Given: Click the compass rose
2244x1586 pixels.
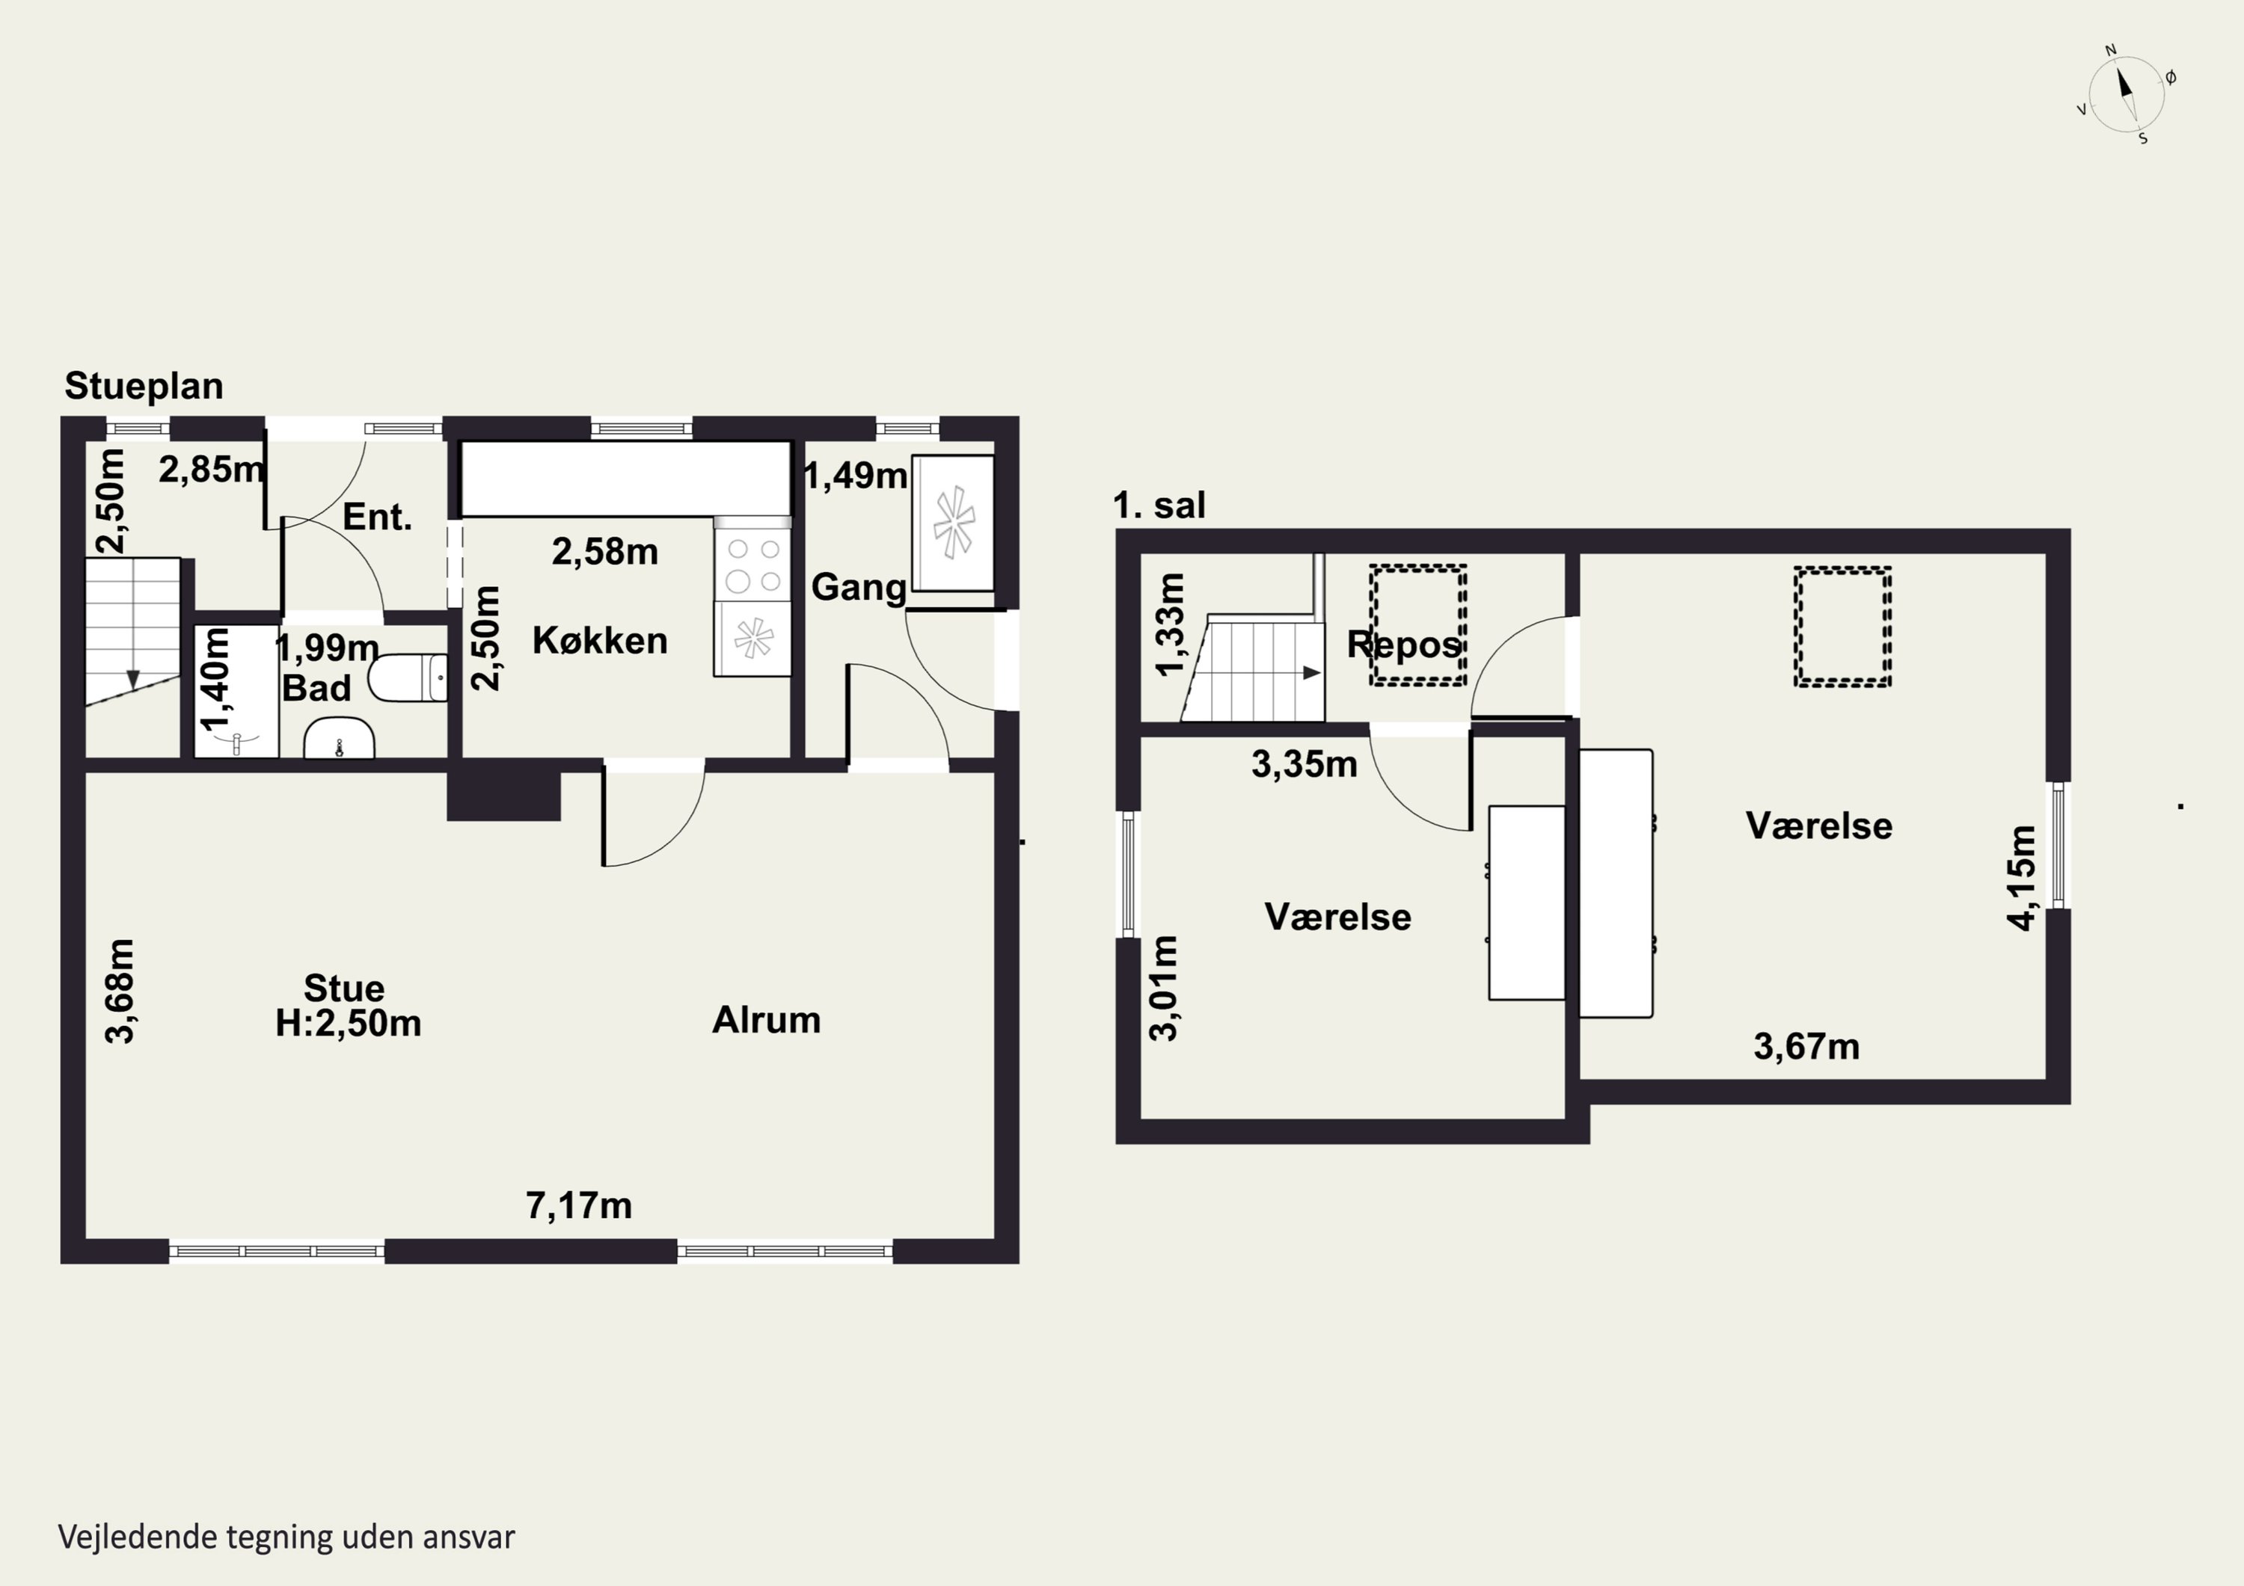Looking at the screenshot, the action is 2127,93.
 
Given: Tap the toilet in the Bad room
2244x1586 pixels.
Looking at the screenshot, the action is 408,678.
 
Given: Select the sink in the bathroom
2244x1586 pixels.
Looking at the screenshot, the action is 339,739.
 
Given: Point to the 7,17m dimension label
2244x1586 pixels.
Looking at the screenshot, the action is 579,1206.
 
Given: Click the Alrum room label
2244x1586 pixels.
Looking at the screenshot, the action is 766,1020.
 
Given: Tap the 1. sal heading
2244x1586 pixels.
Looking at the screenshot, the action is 1159,505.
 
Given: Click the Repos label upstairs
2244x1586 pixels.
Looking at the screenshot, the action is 1403,645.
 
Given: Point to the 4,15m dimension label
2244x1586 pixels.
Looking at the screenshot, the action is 2021,878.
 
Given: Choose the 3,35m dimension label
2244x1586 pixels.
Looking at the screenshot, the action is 1304,764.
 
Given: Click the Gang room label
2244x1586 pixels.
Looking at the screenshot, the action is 859,587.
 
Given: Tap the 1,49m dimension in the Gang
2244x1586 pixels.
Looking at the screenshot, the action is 855,476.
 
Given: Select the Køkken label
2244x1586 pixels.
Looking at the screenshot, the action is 600,641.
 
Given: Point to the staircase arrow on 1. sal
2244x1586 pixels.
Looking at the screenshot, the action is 1311,672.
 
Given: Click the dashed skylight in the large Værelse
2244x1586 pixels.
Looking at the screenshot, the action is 1842,627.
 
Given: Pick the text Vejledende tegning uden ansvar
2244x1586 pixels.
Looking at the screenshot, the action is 286,1537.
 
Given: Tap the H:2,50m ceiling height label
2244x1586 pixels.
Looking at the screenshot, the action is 348,1023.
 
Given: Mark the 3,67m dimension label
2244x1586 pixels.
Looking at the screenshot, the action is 1806,1047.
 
